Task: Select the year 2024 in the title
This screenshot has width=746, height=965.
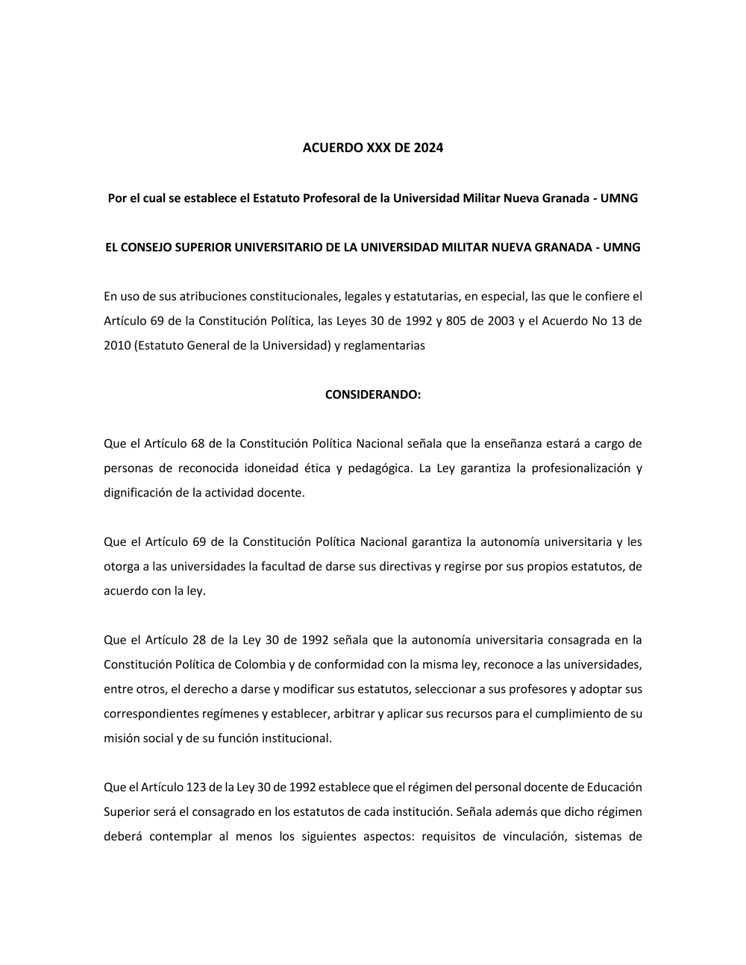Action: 429,148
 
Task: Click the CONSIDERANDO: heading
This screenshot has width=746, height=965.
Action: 373,395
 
